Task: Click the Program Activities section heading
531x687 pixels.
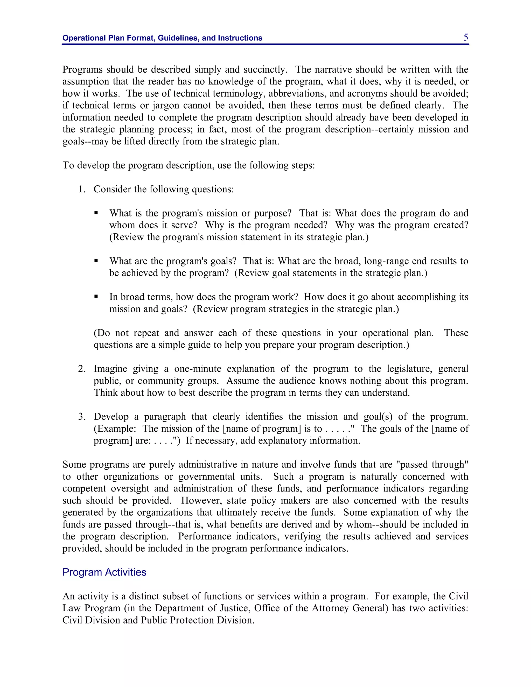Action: [104, 572]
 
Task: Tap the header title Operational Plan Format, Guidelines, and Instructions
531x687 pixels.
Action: [162, 38]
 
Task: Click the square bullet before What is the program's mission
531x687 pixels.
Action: [96, 213]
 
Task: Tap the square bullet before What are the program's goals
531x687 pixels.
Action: [96, 261]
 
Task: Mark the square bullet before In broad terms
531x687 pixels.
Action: [96, 297]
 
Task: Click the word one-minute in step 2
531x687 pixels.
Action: [198, 369]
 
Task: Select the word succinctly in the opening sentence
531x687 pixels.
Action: [265, 69]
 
